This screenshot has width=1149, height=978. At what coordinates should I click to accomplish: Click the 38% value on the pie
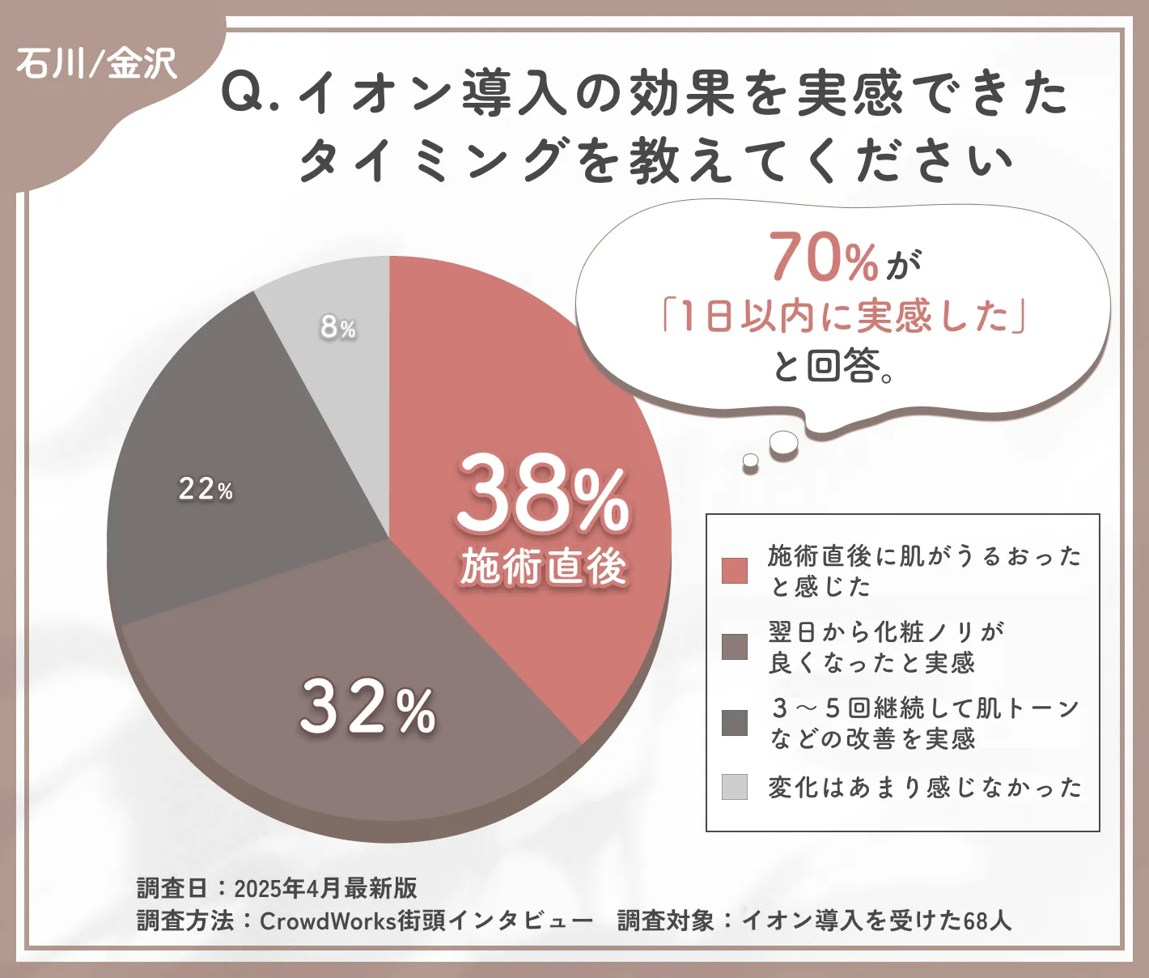[542, 494]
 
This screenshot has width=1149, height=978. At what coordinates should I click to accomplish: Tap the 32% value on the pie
[368, 708]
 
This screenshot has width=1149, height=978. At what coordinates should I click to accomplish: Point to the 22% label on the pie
[206, 489]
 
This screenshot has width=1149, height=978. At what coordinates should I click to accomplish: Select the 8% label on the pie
[337, 327]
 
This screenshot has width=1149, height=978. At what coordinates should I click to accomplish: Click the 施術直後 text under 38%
[544, 566]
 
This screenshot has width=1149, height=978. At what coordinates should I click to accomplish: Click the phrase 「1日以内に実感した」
[844, 317]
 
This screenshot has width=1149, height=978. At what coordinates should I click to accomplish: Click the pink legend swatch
[735, 570]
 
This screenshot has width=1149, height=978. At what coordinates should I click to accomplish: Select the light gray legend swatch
[735, 787]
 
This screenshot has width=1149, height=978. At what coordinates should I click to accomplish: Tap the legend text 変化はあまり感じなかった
[925, 787]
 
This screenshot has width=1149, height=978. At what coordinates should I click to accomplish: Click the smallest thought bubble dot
[750, 461]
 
